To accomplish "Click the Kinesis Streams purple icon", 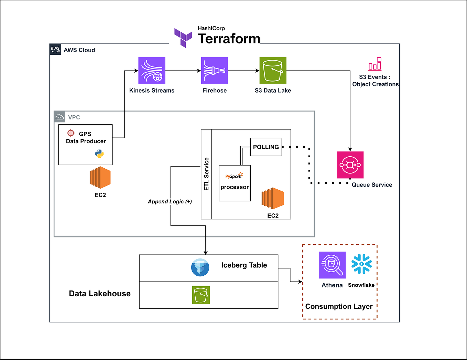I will (152, 71).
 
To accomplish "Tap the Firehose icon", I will (214, 71).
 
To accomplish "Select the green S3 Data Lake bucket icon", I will (273, 71).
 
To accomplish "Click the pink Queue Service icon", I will (350, 165).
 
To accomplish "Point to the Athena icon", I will (332, 265).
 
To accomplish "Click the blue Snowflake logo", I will (361, 264).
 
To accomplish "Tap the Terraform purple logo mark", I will (183, 38).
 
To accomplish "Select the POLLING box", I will (266, 147).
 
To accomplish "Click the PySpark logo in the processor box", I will (234, 176).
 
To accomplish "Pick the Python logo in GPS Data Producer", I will (99, 153).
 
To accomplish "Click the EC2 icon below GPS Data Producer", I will (100, 178).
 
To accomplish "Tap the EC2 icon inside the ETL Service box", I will (273, 199).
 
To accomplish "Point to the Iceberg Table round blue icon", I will (200, 267).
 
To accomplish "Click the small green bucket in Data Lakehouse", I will (201, 295).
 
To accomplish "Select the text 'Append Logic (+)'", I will (170, 202).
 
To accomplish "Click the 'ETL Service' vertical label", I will (206, 174).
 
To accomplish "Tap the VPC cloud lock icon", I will (59, 117).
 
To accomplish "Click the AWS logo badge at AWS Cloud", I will (55, 49).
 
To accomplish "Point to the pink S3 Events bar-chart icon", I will (375, 64).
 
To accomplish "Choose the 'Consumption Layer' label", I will (339, 306).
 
